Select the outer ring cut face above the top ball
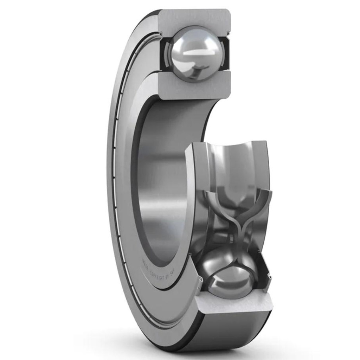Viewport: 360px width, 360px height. click(x=195, y=19)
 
